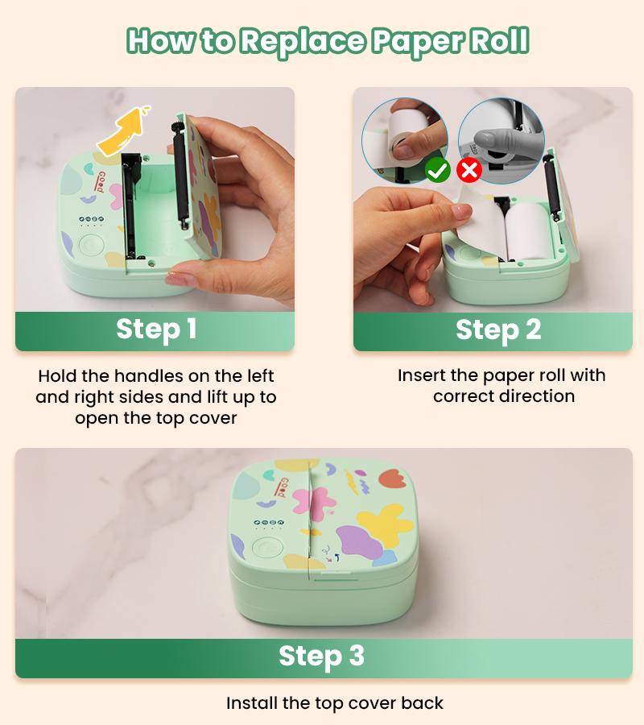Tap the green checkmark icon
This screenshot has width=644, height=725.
[437, 171]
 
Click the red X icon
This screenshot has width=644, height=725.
[469, 170]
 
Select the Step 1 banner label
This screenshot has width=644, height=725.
[156, 329]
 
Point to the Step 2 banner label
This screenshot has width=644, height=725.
[498, 330]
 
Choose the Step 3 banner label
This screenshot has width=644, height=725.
[321, 657]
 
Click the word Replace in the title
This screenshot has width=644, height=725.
[303, 41]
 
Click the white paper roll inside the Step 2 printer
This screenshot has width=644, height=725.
[528, 230]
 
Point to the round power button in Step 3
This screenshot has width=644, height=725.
[267, 548]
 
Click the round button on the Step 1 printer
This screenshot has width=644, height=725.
[90, 245]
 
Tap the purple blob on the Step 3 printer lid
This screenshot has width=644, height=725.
[361, 542]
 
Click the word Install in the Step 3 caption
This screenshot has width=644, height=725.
[252, 703]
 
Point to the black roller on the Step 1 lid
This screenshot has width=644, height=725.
[180, 176]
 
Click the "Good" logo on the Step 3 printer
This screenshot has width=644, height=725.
[281, 488]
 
